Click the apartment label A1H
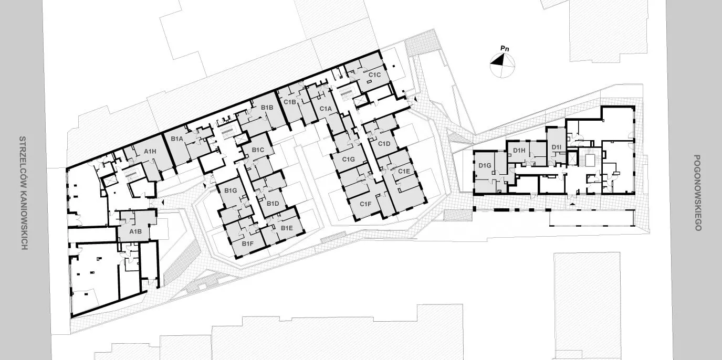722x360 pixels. pyautogui.click(x=150, y=151)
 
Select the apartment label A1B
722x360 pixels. pyautogui.click(x=135, y=231)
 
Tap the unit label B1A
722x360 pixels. pyautogui.click(x=177, y=139)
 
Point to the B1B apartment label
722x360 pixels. pyautogui.click(x=267, y=108)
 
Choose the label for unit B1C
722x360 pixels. pyautogui.click(x=258, y=150)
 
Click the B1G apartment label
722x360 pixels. pyautogui.click(x=231, y=190)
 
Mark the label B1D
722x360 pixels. pyautogui.click(x=273, y=204)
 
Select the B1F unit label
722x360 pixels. pyautogui.click(x=247, y=243)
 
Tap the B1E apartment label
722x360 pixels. pyautogui.click(x=287, y=228)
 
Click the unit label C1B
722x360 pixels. pyautogui.click(x=290, y=102)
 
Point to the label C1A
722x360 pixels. pyautogui.click(x=326, y=109)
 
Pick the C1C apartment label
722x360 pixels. pyautogui.click(x=374, y=75)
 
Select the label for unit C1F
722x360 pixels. pyautogui.click(x=365, y=204)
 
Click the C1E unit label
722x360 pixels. pyautogui.click(x=404, y=171)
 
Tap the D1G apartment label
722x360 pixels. pyautogui.click(x=485, y=165)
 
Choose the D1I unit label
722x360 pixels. pyautogui.click(x=557, y=147)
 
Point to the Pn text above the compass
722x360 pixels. pyautogui.click(x=505, y=49)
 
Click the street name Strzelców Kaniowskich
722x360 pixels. pyautogui.click(x=23, y=193)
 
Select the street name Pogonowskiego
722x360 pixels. pyautogui.click(x=697, y=193)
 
